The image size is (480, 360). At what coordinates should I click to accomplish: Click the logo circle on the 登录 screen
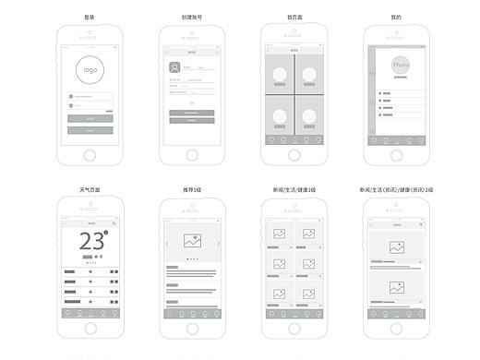(x=90, y=70)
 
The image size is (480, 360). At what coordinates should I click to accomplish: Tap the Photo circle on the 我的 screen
(x=401, y=66)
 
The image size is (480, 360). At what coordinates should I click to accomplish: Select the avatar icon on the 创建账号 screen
(x=174, y=67)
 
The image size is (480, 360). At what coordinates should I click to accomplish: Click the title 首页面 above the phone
(x=294, y=17)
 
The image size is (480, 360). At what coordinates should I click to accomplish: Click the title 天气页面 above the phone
(x=90, y=190)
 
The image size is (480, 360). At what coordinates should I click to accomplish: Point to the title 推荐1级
(x=192, y=190)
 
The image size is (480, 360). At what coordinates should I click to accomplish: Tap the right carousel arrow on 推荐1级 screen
(x=219, y=244)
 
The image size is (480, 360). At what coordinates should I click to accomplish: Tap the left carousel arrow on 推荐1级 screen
(x=166, y=244)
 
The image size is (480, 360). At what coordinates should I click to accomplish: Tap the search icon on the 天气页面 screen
(x=114, y=223)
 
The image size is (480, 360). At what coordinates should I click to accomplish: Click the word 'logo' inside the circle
(x=90, y=70)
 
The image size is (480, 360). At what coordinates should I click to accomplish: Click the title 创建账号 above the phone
(x=192, y=17)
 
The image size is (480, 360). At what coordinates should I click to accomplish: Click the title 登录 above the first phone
(x=90, y=17)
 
